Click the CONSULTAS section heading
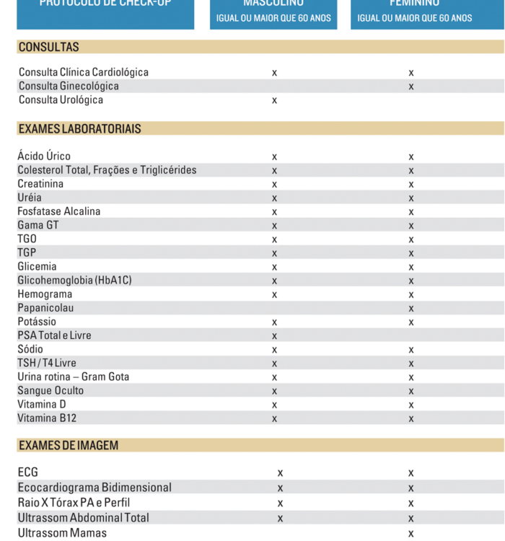(48, 47)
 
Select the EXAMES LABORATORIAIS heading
(79, 129)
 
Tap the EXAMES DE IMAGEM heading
(68, 446)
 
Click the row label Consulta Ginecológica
(69, 87)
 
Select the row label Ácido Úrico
(44, 157)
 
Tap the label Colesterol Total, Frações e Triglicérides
(107, 170)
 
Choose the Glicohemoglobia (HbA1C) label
(74, 281)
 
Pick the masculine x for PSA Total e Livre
(274, 336)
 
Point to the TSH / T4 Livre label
(47, 363)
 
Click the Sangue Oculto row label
(50, 391)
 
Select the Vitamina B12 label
(47, 418)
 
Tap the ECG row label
(27, 473)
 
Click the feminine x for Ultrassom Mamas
(411, 534)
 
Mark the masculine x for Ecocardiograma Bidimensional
(280, 488)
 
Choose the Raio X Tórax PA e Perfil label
(74, 503)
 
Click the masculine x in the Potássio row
(274, 322)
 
